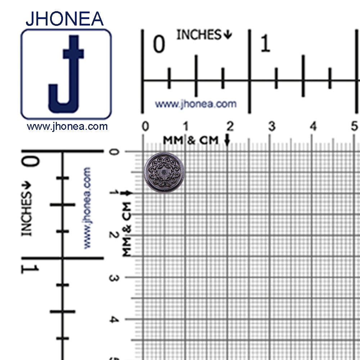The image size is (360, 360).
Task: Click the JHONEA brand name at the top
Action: [x=65, y=19]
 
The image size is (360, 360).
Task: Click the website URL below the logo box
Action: [x=67, y=127]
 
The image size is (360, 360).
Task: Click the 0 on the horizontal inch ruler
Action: [x=159, y=44]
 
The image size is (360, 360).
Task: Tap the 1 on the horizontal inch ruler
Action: [x=265, y=44]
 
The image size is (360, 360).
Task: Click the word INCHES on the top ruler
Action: [x=199, y=35]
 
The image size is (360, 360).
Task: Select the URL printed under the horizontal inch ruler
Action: [x=195, y=104]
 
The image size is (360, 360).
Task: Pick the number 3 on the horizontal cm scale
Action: [x=272, y=127]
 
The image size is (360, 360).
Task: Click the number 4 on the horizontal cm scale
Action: [x=314, y=127]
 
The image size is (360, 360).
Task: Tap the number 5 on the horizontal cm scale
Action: [x=355, y=127]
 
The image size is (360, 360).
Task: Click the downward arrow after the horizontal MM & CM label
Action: [x=227, y=140]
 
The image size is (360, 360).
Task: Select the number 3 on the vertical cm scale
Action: [x=113, y=278]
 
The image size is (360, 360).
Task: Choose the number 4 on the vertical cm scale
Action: [x=113, y=320]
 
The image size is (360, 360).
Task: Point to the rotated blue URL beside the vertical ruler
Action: [x=87, y=208]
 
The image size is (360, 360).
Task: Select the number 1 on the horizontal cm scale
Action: [x=186, y=127]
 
